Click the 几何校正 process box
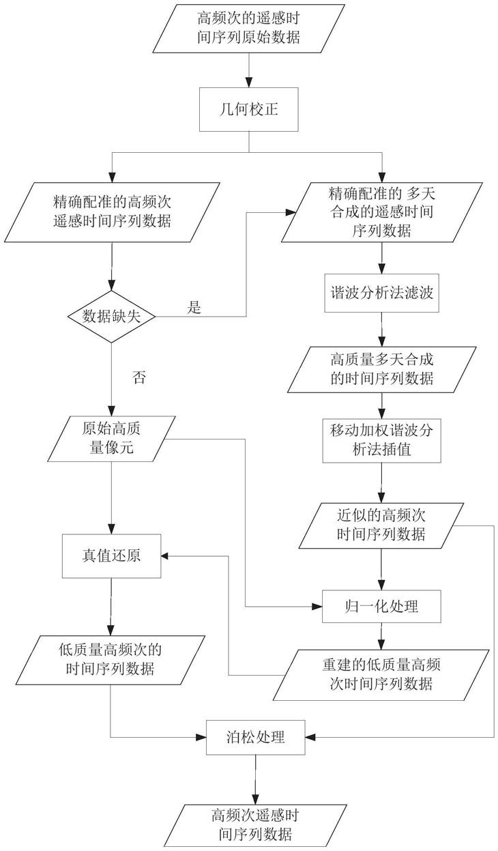click(x=248, y=109)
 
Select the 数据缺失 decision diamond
click(x=111, y=315)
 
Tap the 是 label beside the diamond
click(x=194, y=308)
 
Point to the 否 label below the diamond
click(x=139, y=377)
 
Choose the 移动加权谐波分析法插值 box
click(x=381, y=441)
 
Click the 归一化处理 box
click(x=381, y=605)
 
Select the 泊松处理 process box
click(x=254, y=737)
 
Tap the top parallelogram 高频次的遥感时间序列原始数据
click(x=248, y=29)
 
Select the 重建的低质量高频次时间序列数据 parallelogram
click(x=381, y=674)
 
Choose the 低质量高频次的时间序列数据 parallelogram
click(x=111, y=659)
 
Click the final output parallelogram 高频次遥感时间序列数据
click(x=254, y=824)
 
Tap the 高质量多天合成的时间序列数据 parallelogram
click(x=381, y=369)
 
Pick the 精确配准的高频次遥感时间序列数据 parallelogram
click(x=111, y=211)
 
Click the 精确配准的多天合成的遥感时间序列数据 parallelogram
click(x=381, y=212)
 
